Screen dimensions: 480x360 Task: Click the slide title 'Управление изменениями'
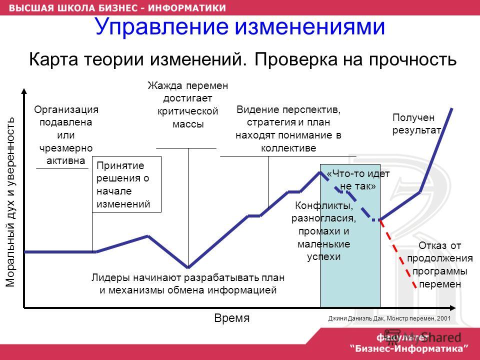[x=239, y=26]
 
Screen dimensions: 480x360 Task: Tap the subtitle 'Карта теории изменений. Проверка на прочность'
[x=243, y=59]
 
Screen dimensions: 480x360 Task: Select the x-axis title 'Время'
[x=231, y=318]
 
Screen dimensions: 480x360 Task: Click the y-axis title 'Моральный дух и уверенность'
[x=10, y=202]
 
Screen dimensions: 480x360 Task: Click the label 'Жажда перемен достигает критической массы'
[x=187, y=104]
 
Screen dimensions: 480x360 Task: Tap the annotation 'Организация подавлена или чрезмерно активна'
[x=66, y=135]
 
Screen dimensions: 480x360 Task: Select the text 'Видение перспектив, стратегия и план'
[x=288, y=115]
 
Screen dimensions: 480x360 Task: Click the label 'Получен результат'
[x=416, y=123]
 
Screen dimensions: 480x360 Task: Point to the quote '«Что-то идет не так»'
[x=358, y=179]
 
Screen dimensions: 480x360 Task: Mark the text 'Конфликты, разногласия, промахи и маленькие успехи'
[x=323, y=231]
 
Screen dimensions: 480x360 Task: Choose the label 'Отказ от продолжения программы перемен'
[x=440, y=264]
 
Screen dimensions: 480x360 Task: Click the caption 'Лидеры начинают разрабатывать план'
[x=188, y=277]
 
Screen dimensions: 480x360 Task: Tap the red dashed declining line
[x=398, y=254]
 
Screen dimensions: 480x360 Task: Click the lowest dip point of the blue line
[x=188, y=267]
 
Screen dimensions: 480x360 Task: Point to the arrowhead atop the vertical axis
[x=24, y=91]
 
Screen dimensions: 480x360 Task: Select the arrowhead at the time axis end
[x=453, y=307]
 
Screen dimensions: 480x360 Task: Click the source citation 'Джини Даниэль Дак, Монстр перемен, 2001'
[x=389, y=318]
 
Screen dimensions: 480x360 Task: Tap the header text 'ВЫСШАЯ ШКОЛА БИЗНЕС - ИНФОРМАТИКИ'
[x=117, y=7]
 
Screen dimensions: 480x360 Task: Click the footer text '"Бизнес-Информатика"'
[x=409, y=348]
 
